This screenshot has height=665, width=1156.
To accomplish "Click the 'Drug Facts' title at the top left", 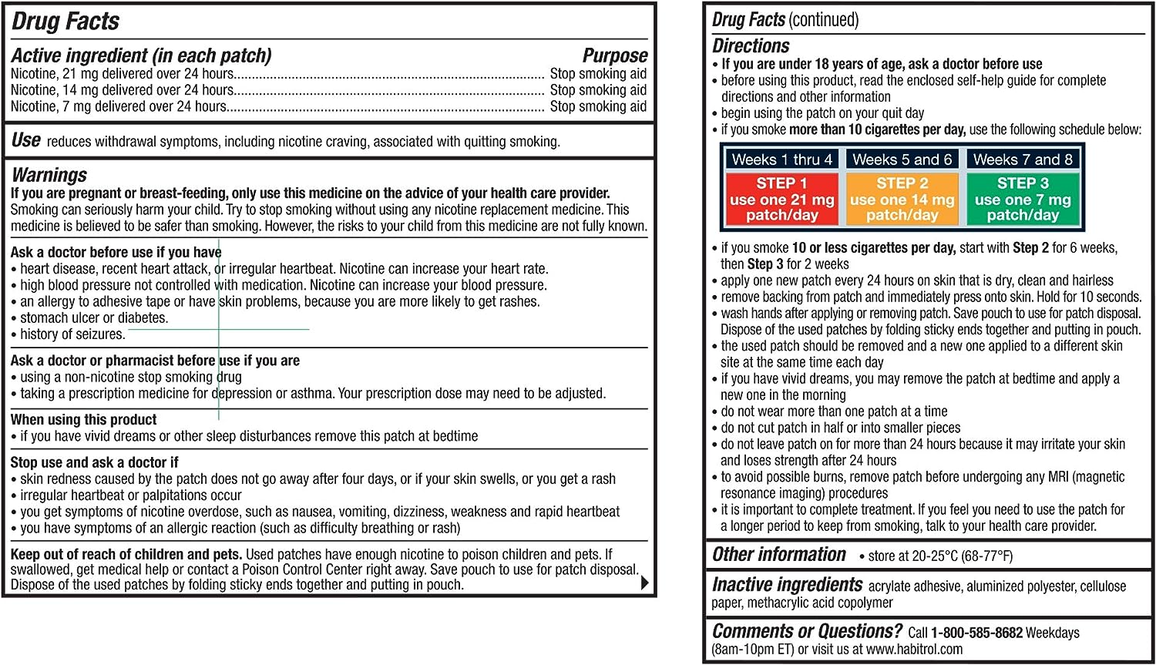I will tap(66, 22).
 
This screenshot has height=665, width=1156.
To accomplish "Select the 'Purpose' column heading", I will tap(614, 55).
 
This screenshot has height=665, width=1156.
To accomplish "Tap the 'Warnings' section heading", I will tap(49, 175).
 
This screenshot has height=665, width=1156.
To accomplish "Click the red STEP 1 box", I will tap(781, 200).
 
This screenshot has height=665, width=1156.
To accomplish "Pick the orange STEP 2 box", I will tap(902, 200).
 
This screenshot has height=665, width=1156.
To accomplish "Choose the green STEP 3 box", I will tap(1023, 200).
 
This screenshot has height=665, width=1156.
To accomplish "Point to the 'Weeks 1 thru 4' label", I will tap(781, 160).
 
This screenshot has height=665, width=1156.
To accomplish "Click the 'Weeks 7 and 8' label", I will tap(1023, 160).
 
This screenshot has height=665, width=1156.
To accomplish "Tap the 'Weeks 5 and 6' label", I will tap(902, 160).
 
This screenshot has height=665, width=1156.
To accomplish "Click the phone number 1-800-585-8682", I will tap(976, 633).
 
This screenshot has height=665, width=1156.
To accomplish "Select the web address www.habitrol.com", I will tap(914, 650).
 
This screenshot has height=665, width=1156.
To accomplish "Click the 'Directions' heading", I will tap(751, 46).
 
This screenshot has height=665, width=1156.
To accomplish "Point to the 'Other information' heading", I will tap(778, 555).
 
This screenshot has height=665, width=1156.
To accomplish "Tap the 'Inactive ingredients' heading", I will tap(787, 585).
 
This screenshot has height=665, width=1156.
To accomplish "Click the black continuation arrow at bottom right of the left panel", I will tap(645, 583).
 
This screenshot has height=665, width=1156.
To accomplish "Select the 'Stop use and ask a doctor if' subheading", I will tap(94, 462).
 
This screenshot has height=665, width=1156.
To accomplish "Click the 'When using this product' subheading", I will tap(83, 420).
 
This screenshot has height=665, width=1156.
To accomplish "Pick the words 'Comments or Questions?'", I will tap(806, 632).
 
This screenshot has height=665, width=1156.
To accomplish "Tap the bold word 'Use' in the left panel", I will tap(26, 140).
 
